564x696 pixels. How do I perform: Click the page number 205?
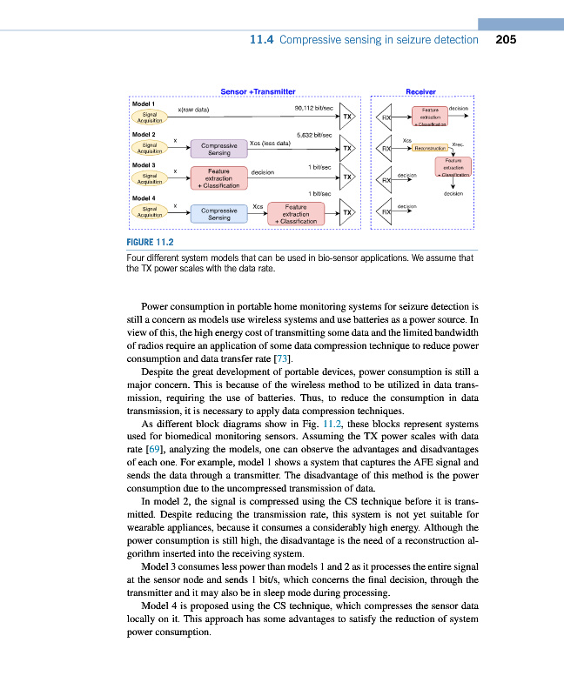pyautogui.click(x=507, y=39)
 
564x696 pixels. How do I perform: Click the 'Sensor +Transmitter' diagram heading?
pyautogui.click(x=258, y=90)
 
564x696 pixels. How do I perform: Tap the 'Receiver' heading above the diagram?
pyautogui.click(x=420, y=90)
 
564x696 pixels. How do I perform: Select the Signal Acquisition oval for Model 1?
pyautogui.click(x=150, y=117)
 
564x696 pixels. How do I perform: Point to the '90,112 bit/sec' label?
pyautogui.click(x=314, y=108)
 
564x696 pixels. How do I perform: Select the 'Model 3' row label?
pyautogui.click(x=144, y=164)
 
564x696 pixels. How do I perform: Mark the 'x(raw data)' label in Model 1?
pyautogui.click(x=193, y=110)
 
